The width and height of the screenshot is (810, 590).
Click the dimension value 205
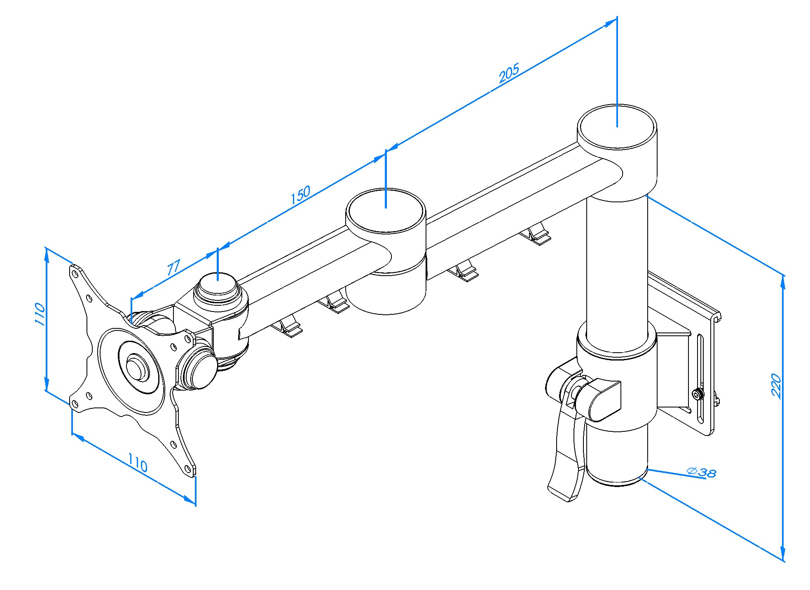tap(509, 74)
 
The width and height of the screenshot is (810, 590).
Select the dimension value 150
tap(300, 195)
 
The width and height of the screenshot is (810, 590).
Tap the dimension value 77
tap(173, 267)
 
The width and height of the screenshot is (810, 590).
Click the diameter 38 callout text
tap(702, 472)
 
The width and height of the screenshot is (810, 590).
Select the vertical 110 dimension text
tap(40, 314)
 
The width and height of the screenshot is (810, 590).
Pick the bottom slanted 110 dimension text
tap(137, 463)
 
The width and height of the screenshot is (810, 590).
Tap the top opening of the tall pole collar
tap(617, 126)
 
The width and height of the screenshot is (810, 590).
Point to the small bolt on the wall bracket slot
tap(697, 395)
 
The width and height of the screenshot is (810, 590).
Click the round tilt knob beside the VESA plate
tap(200, 368)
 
